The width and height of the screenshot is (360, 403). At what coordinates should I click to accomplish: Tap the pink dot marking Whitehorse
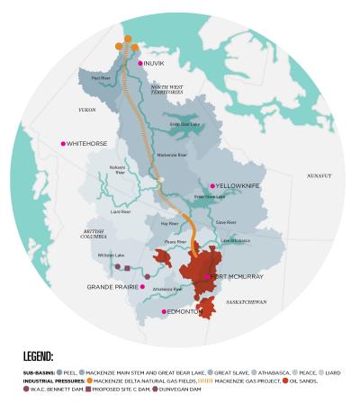[63, 143]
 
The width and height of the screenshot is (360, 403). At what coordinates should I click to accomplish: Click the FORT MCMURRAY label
[237, 277]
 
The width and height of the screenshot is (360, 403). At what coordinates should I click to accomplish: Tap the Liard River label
[121, 212]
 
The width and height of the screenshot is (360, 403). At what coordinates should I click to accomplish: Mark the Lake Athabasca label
[235, 240]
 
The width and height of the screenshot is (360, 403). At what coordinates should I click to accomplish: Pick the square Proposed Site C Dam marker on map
[128, 268]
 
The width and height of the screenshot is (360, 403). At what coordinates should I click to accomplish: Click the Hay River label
[168, 223]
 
